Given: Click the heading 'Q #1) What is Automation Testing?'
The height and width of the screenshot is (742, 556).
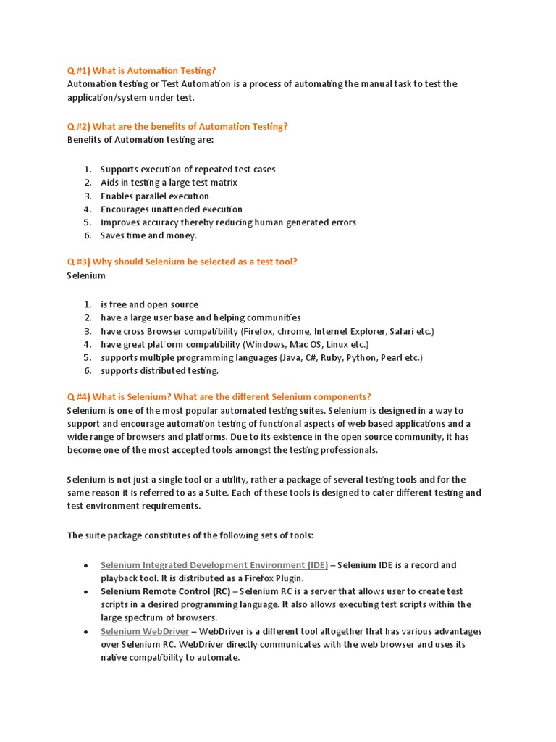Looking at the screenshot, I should [x=141, y=70].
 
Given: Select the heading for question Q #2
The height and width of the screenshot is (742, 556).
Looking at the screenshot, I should [x=177, y=126].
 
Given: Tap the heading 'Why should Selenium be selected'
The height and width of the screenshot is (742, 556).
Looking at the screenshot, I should [x=182, y=262].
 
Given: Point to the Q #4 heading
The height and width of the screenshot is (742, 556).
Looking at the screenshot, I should [x=219, y=396].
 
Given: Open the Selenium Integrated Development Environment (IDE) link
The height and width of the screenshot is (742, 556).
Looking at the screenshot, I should [x=214, y=565].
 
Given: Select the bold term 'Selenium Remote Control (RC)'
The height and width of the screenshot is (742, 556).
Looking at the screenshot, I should [x=165, y=591].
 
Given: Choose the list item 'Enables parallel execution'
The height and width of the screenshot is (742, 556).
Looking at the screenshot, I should [x=155, y=196].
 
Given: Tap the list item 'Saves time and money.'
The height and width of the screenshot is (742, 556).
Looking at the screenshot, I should [x=148, y=235].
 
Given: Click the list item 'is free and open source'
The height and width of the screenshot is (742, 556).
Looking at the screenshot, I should [x=149, y=304].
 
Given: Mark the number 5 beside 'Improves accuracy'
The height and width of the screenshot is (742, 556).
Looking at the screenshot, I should [x=86, y=222].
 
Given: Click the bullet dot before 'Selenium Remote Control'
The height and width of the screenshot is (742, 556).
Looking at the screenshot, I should [x=86, y=592].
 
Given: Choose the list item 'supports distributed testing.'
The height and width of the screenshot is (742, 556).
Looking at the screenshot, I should [x=159, y=371].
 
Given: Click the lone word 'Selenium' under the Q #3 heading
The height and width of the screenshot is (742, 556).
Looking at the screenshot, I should [x=86, y=275].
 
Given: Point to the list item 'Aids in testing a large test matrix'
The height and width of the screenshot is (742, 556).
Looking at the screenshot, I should [x=169, y=183].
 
